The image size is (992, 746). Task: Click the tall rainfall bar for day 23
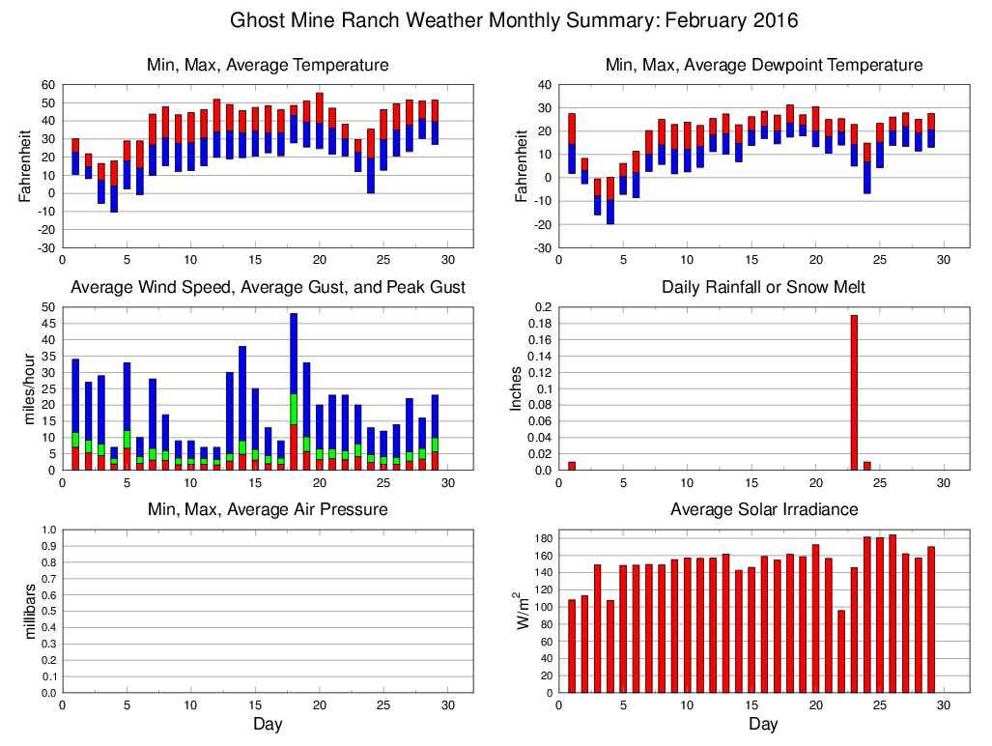[x=854, y=392]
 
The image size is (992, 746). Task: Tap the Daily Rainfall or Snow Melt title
[x=763, y=287]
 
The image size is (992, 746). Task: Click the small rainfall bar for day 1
[x=572, y=466]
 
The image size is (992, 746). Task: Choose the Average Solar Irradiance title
[x=763, y=509]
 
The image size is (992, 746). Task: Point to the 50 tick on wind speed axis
[x=47, y=307]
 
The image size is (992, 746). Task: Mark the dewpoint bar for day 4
[x=610, y=200]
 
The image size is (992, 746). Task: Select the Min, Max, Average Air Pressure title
[x=268, y=509]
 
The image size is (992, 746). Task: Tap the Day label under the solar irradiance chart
[x=763, y=724]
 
